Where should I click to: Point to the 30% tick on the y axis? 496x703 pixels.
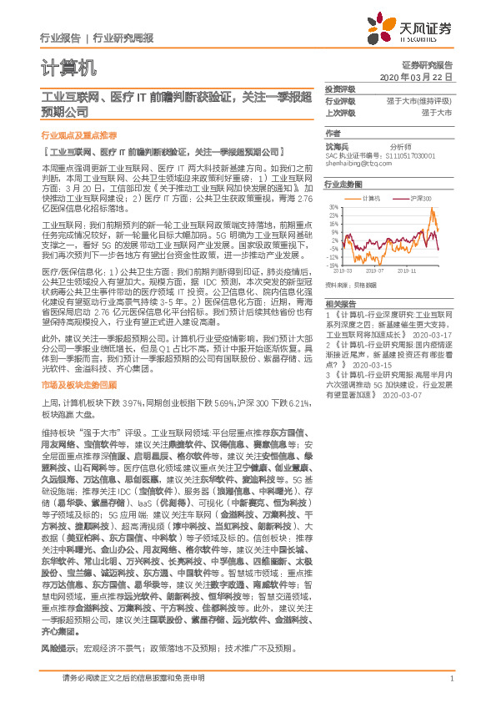tap(333, 206)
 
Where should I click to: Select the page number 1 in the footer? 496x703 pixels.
tap(451, 679)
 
